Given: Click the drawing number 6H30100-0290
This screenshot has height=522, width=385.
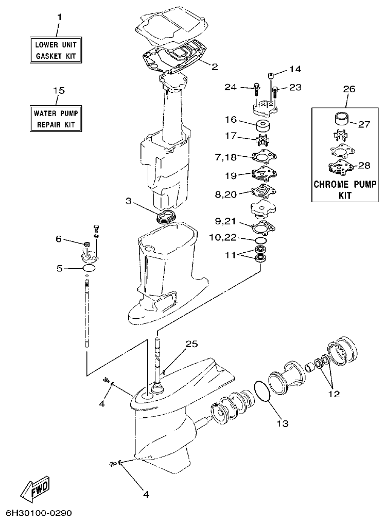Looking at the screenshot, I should [39, 513].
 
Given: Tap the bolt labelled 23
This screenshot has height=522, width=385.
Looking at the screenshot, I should [275, 91].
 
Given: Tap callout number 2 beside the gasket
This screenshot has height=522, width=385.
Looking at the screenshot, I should [215, 66].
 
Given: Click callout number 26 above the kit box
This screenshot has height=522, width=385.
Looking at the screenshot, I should [349, 89].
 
